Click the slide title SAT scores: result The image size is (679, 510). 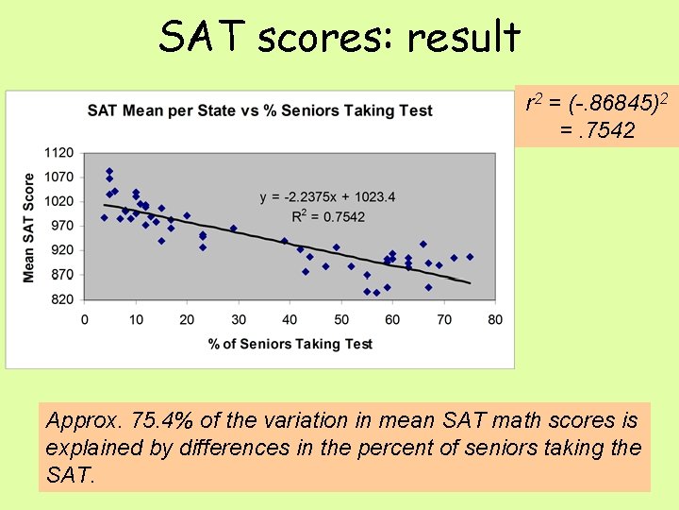point(339,38)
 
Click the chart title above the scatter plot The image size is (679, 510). point(259,110)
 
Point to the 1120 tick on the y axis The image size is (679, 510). point(58,152)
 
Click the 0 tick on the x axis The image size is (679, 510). point(85,320)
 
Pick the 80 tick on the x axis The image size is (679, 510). point(495,320)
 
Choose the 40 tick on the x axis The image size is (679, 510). point(290,320)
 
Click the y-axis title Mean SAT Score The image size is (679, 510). point(29,227)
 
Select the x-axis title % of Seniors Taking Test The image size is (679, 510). point(290,344)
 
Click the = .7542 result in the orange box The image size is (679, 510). point(596,129)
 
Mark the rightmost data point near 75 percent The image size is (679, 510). point(470,257)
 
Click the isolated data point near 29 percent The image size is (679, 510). point(233,228)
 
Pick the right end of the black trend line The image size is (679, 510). point(469,282)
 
